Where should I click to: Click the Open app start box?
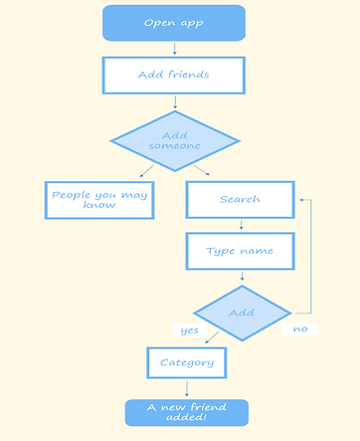click(173, 23)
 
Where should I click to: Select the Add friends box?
click(173, 75)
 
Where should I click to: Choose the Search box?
click(240, 199)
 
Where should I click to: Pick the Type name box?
click(240, 251)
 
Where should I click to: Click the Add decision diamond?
click(242, 313)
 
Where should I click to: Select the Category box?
click(187, 362)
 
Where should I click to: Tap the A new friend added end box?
click(186, 413)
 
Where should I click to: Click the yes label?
click(189, 330)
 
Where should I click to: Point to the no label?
click(299, 329)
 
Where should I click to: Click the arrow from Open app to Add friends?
click(174, 48)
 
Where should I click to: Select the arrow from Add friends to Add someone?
click(174, 102)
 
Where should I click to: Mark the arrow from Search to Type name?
click(241, 225)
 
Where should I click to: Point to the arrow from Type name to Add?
click(241, 277)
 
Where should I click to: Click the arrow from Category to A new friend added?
click(186, 388)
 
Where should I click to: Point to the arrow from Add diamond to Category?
click(212, 338)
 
